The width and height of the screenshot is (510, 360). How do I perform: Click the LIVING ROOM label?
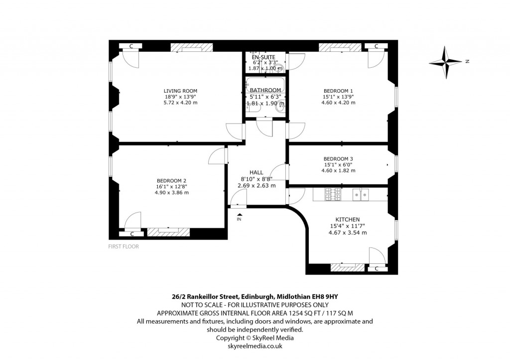coord(180,91)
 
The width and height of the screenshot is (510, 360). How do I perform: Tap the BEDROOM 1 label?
coord(338,91)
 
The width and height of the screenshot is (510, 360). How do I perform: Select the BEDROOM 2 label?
coord(172,180)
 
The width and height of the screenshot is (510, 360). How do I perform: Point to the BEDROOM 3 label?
coord(338,159)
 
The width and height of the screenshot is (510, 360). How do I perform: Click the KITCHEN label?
coord(348,219)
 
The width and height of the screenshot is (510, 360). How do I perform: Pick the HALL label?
coord(256,172)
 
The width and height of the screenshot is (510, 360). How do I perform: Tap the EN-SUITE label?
coord(263,57)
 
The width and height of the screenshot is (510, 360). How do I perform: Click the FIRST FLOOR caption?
coord(124,246)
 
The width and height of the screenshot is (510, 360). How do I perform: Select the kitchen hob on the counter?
coord(332,194)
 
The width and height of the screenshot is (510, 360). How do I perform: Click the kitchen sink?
coord(361,194)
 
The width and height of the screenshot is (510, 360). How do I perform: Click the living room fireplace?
coord(188,47)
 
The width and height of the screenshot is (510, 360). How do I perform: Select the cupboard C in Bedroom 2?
coord(132,234)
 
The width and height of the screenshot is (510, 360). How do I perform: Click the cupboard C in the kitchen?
coord(377,269)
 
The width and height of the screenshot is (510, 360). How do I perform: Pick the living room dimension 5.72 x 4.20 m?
coord(180,103)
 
